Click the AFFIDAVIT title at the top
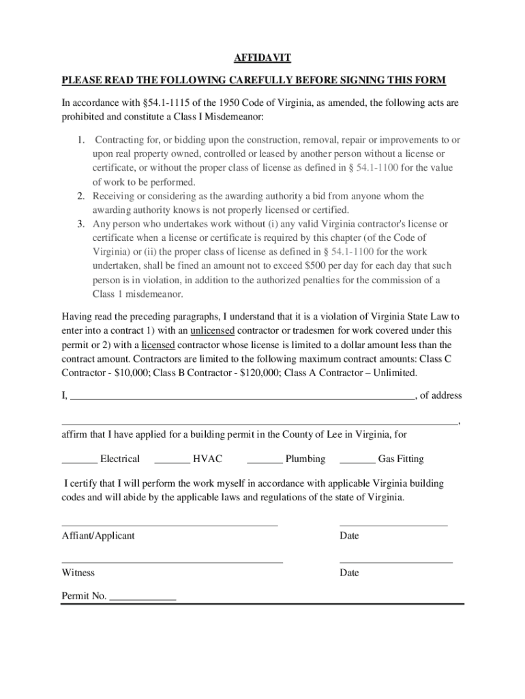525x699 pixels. click(x=262, y=59)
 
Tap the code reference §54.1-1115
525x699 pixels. click(x=167, y=103)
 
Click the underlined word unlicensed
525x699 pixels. click(x=212, y=331)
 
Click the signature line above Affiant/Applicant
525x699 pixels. click(x=170, y=524)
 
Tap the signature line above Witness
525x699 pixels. click(x=172, y=561)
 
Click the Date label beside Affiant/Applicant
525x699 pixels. click(x=349, y=536)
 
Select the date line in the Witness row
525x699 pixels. click(x=395, y=561)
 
